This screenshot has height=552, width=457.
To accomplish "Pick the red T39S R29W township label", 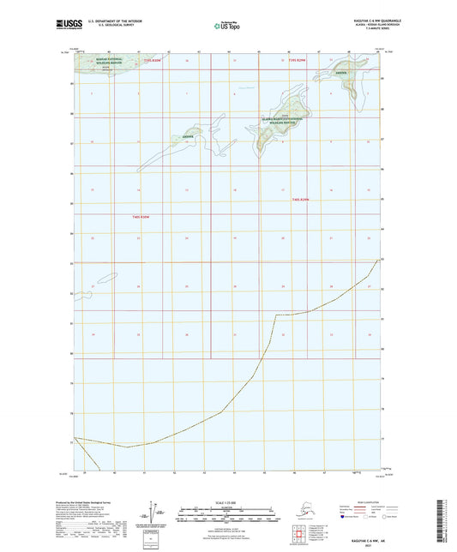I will coord(296,62).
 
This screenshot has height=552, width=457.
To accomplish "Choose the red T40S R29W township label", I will coord(298,200).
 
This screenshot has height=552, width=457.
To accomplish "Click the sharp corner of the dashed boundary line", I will coord(274,315).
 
